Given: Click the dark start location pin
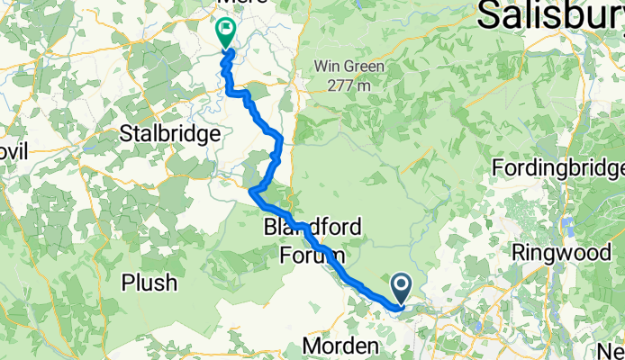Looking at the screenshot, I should [x=402, y=288].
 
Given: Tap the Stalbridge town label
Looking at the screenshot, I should [x=170, y=135].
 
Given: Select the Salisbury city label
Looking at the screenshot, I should [x=549, y=15].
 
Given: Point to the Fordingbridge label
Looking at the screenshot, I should [x=558, y=169].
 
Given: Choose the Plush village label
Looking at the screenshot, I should [x=150, y=283].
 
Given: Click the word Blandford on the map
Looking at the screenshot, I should [x=312, y=229].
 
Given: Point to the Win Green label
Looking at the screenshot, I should [x=349, y=67].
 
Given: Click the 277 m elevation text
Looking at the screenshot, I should [x=349, y=86].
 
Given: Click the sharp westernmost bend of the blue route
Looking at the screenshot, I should [x=250, y=190].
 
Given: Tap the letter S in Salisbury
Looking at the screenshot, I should [x=492, y=15].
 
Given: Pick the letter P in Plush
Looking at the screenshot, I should [x=130, y=283].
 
